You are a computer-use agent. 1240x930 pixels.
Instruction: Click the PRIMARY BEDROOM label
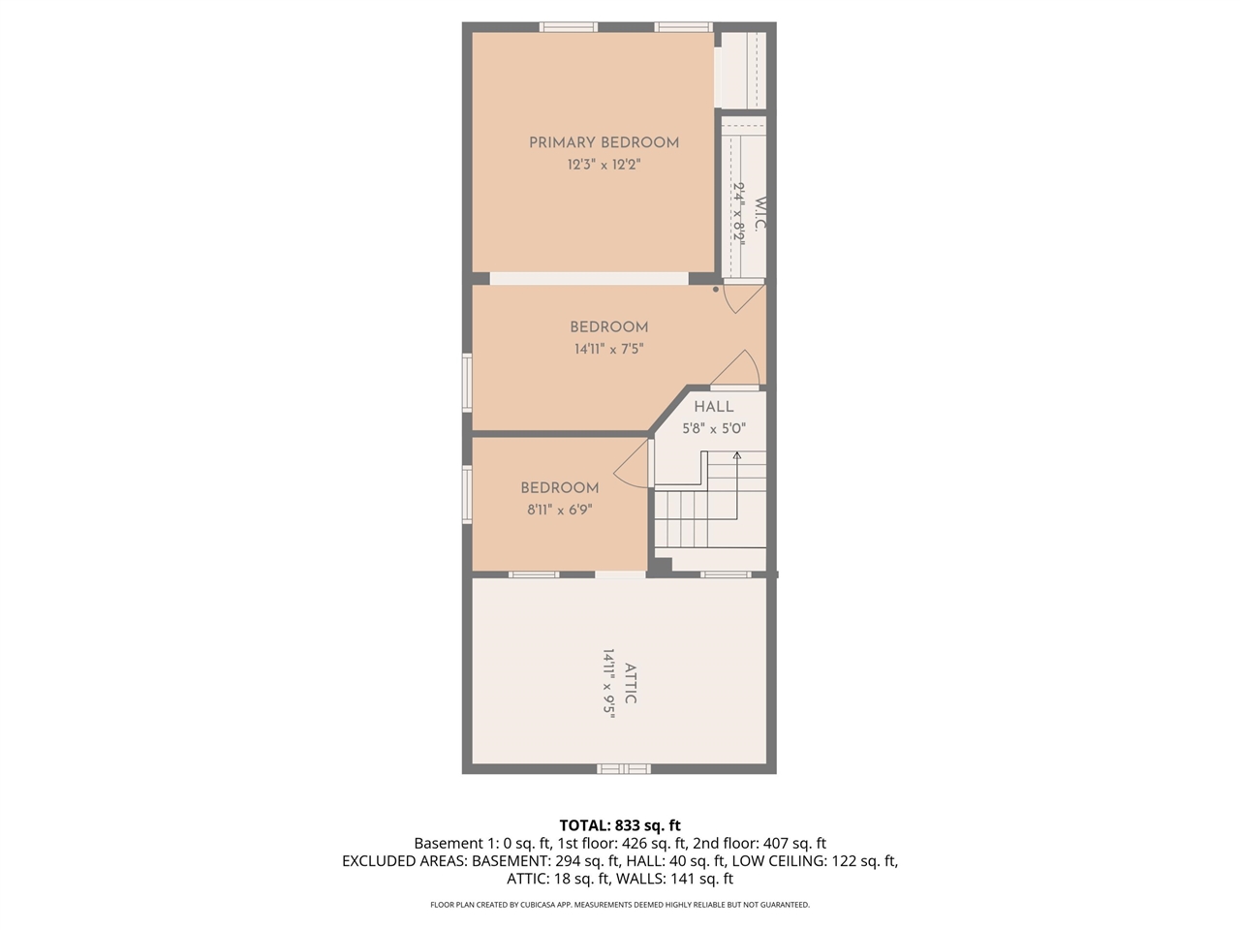pyautogui.click(x=604, y=142)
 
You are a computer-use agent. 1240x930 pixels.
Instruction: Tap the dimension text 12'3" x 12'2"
pyautogui.click(x=604, y=165)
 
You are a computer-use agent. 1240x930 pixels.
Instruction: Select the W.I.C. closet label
pyautogui.click(x=760, y=214)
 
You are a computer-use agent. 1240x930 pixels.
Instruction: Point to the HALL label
pyautogui.click(x=713, y=407)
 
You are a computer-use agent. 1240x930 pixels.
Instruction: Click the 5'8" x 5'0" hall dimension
pyautogui.click(x=713, y=428)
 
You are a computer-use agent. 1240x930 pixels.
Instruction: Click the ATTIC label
pyautogui.click(x=631, y=683)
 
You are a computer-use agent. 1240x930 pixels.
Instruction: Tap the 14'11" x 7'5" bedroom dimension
pyautogui.click(x=608, y=349)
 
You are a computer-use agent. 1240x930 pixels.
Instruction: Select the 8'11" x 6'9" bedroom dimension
pyautogui.click(x=559, y=510)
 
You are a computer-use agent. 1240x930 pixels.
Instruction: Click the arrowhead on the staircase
pyautogui.click(x=736, y=454)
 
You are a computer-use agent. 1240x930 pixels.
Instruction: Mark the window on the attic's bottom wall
pyautogui.click(x=622, y=768)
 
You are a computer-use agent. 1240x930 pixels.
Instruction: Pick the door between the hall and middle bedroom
pyautogui.click(x=737, y=369)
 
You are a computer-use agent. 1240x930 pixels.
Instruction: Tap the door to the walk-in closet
pyautogui.click(x=744, y=296)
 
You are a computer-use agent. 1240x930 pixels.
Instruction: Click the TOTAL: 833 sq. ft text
pyautogui.click(x=619, y=825)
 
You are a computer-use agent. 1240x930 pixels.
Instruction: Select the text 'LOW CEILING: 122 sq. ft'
pyautogui.click(x=814, y=860)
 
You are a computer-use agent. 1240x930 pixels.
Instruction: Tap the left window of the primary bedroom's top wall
pyautogui.click(x=569, y=27)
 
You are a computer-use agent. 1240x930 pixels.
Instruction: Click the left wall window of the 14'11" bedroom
pyautogui.click(x=467, y=383)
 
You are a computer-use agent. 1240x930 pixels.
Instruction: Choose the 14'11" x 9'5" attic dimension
pyautogui.click(x=609, y=683)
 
